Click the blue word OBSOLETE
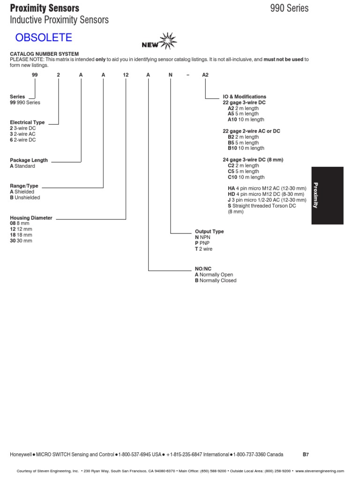[x=43, y=37]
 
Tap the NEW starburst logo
[x=157, y=42]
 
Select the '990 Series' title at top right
[x=289, y=8]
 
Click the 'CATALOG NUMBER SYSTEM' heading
[x=45, y=54]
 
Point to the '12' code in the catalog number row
[x=126, y=75]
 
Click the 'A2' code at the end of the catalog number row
[x=205, y=75]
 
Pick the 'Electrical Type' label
[x=27, y=122]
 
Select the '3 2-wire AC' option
[x=22, y=134]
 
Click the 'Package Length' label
[x=29, y=160]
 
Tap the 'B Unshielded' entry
[x=25, y=197]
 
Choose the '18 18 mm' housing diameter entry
[x=21, y=235]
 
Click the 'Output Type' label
[x=209, y=232]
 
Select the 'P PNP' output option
[x=202, y=243]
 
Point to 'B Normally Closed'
[x=216, y=280]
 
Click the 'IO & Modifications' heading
[x=244, y=97]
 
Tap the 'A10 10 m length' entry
[x=246, y=120]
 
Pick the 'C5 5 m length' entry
[x=243, y=172]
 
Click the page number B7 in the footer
[x=306, y=454]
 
